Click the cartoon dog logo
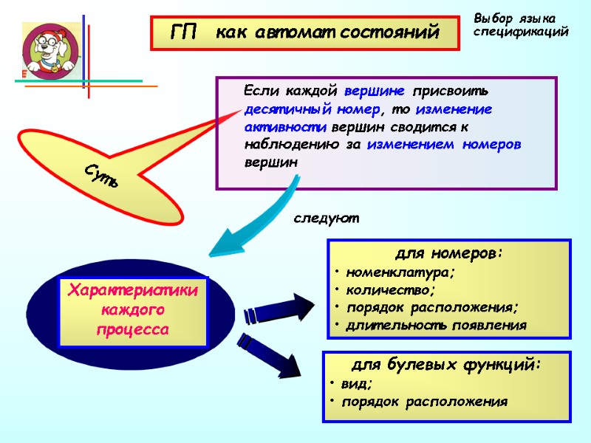point(50,50)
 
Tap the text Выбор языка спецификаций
point(521,25)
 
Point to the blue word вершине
point(375,92)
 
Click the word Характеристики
point(133,291)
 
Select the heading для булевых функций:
point(445,364)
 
